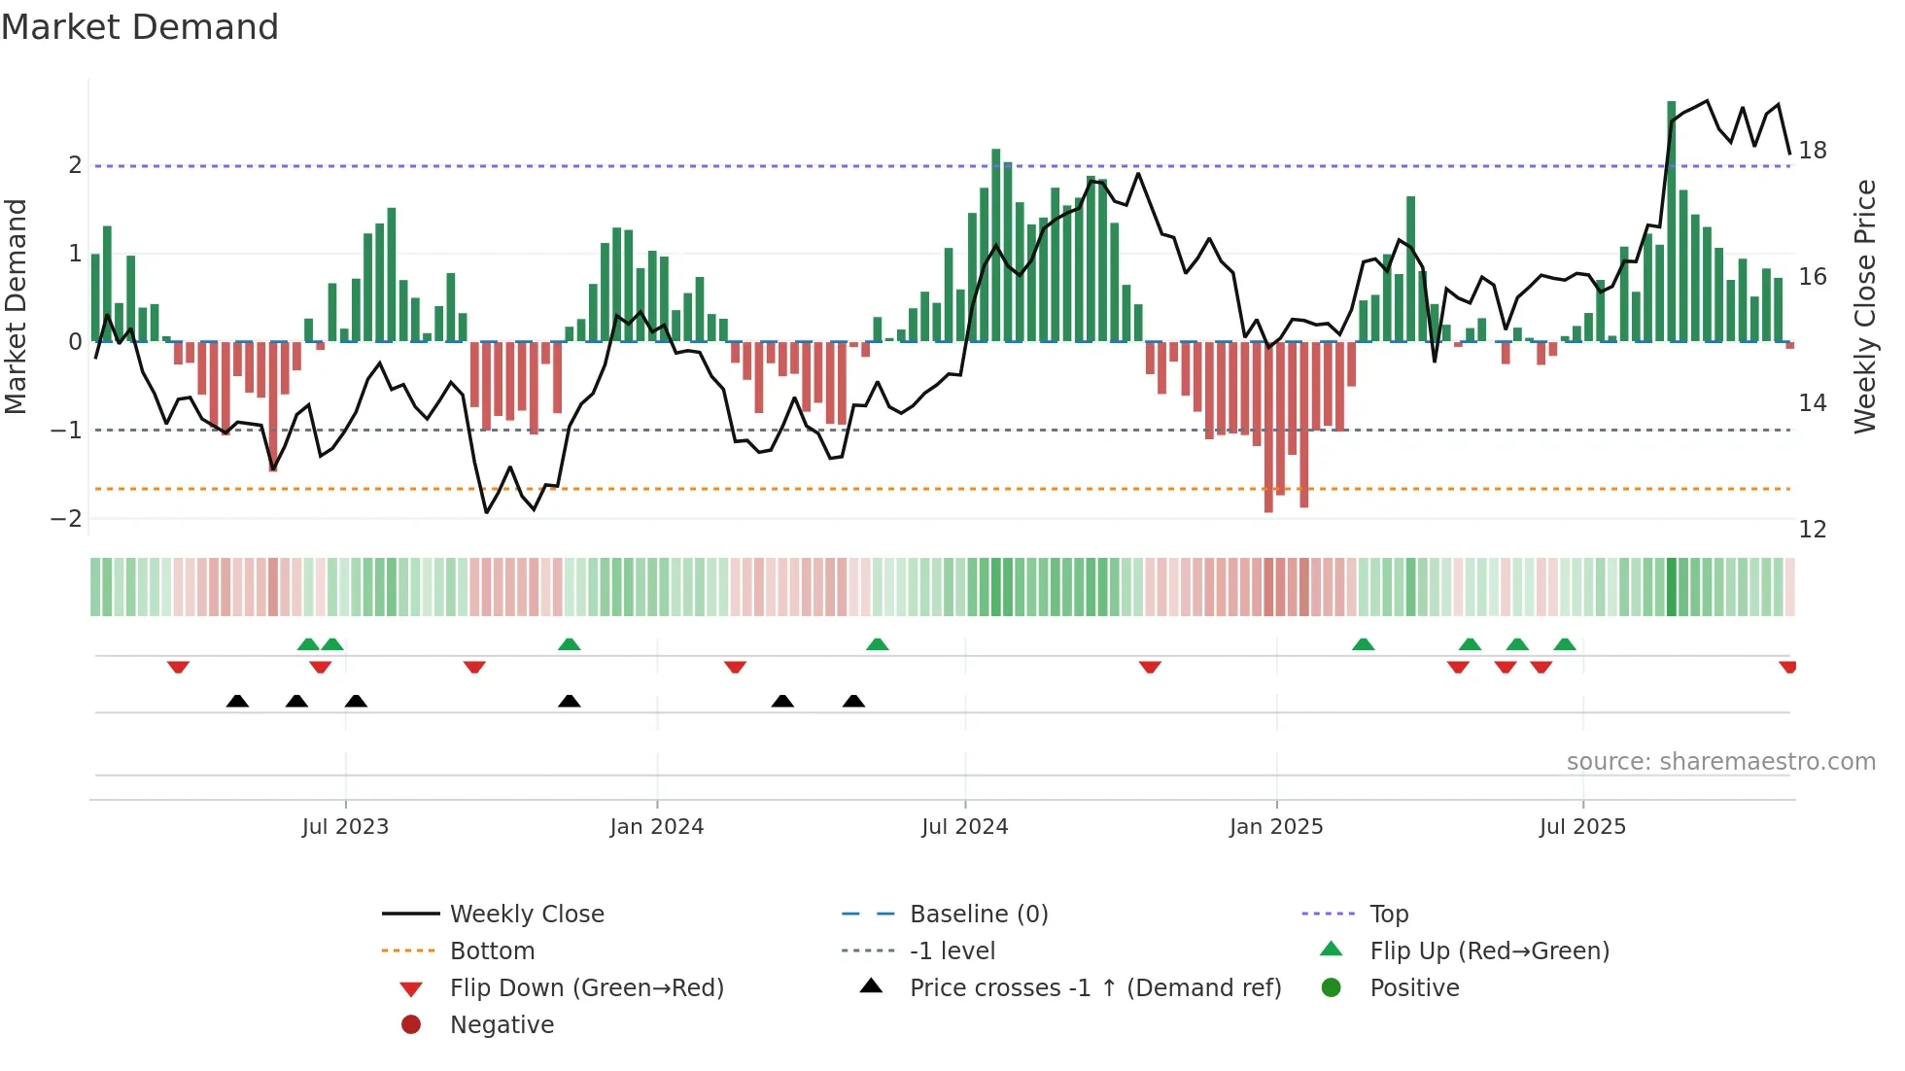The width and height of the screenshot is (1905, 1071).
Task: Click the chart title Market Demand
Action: coord(140,27)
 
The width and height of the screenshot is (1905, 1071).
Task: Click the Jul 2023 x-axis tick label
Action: coord(345,827)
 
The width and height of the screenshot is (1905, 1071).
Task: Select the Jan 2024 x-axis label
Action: coord(656,827)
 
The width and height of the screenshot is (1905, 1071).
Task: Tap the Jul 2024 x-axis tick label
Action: coord(964,827)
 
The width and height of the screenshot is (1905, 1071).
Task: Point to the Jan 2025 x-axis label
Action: coord(1275,827)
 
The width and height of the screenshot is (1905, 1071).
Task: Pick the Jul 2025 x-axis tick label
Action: coord(1582,827)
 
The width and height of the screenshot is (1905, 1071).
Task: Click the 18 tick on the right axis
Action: coord(1813,151)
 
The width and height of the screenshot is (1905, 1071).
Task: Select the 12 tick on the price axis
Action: coord(1813,530)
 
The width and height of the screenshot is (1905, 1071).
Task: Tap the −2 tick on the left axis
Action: coord(66,518)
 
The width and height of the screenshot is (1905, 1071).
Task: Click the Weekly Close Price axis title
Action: coord(1864,306)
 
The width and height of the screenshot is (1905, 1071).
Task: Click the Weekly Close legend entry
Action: coord(526,915)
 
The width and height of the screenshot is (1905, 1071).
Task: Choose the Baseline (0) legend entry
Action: coord(978,915)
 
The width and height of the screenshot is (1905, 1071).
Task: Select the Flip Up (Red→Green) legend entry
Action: coord(1489,951)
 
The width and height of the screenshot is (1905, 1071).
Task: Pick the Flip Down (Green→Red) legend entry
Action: coord(586,988)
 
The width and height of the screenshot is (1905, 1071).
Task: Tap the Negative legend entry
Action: coord(502,1025)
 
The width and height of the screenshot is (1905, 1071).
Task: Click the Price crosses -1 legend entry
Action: coord(1094,988)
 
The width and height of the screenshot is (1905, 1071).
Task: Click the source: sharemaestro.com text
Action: coord(1720,762)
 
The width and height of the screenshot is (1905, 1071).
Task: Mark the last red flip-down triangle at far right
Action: coord(1787,667)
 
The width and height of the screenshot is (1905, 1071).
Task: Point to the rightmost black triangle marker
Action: coord(853,701)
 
